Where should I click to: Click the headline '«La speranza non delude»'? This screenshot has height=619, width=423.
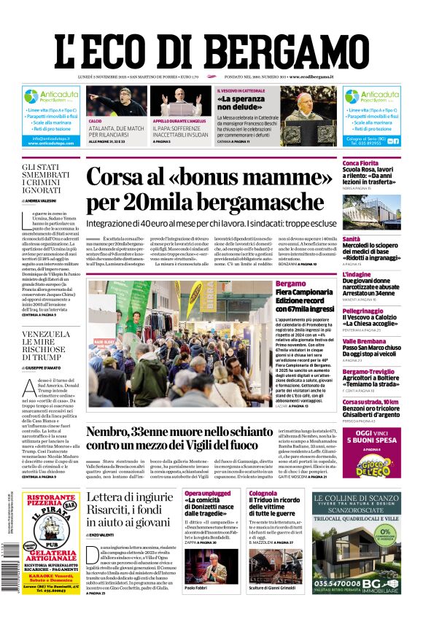[x=242, y=103]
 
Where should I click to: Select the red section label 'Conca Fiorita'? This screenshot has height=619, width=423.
[x=362, y=163]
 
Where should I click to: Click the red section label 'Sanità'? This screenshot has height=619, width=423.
[x=351, y=239]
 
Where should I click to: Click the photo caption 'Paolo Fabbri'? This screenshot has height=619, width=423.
[x=197, y=607]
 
